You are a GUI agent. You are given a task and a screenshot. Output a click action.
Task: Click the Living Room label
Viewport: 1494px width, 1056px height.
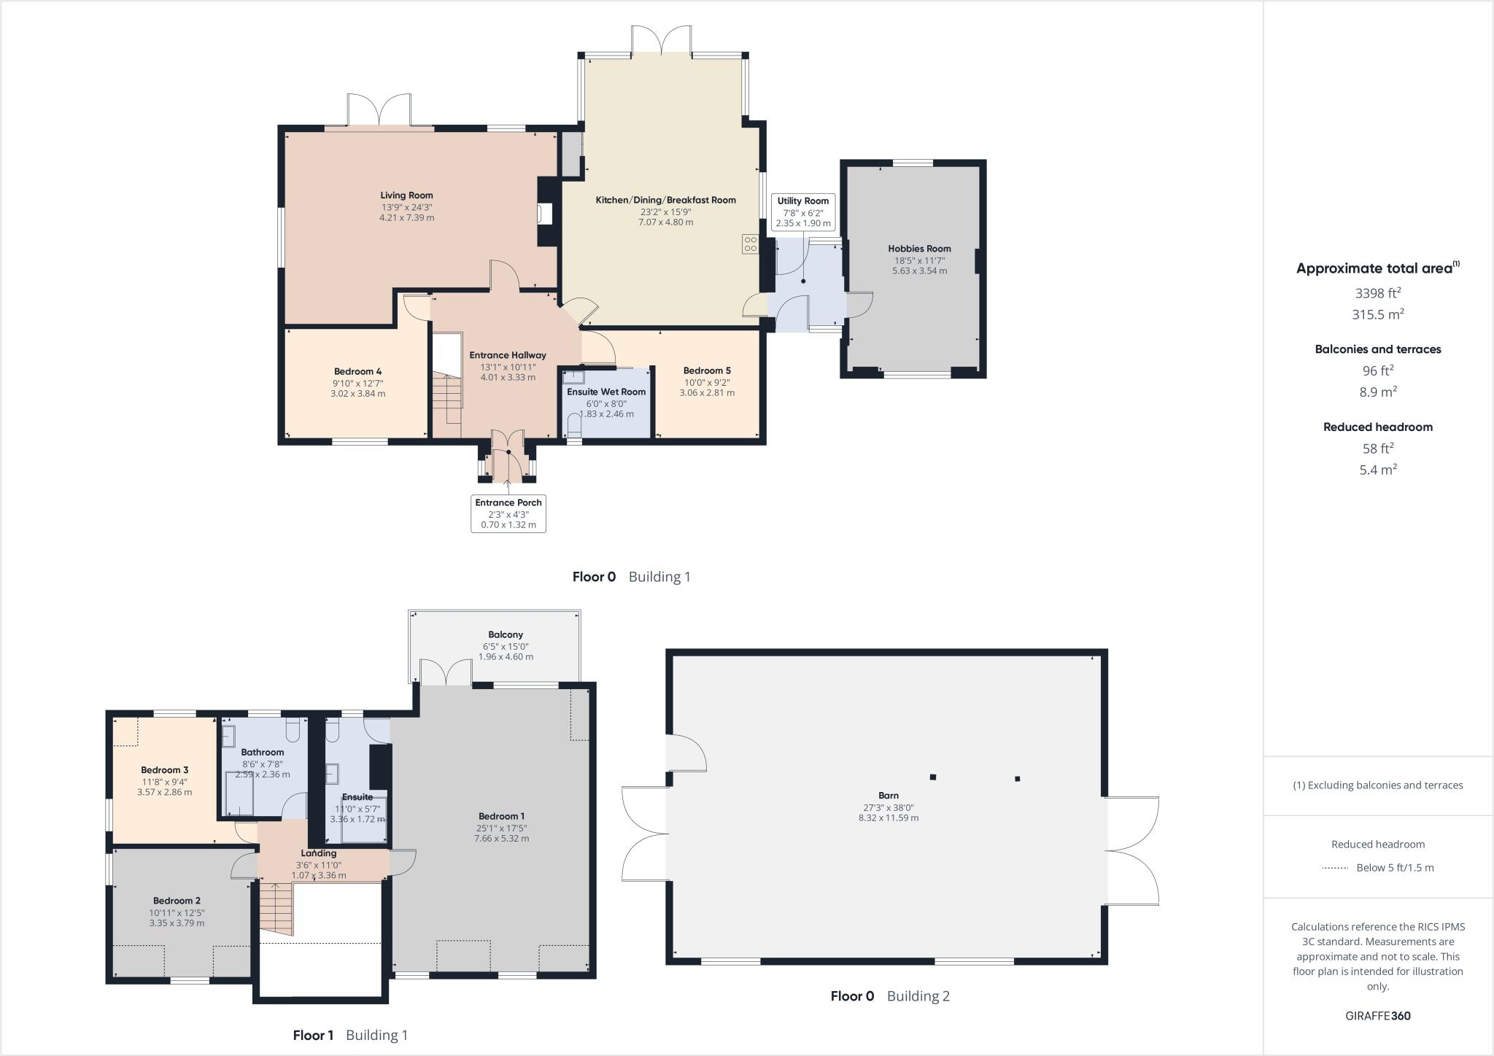pos(406,195)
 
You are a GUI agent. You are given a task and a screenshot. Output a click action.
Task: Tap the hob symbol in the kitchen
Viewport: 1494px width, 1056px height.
pos(749,244)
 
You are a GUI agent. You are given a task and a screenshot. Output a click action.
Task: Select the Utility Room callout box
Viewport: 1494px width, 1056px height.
pos(802,212)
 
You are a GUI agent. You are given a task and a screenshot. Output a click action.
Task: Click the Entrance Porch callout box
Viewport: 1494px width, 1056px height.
pos(508,513)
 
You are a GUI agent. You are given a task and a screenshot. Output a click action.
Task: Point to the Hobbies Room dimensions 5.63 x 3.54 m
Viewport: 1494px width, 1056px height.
pos(919,271)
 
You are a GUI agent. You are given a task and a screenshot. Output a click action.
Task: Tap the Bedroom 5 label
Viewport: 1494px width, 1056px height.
pos(706,370)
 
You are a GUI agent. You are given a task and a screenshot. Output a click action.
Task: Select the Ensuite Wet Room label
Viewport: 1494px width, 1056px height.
pos(606,392)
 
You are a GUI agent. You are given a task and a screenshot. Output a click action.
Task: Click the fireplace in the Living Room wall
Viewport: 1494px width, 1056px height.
pos(545,213)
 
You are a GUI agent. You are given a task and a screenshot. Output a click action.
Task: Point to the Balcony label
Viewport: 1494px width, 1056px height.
pos(506,634)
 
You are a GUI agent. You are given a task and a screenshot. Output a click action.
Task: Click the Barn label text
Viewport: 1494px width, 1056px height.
pos(888,796)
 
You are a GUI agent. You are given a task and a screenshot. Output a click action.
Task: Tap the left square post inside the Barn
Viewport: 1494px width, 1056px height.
pos(932,777)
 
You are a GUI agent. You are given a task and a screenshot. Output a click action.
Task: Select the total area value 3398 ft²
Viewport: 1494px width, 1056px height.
pos(1377,293)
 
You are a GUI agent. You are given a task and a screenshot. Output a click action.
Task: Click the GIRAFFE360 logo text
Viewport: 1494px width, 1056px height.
pos(1377,1015)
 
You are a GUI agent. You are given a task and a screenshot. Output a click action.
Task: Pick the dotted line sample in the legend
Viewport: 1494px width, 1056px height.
pos(1334,868)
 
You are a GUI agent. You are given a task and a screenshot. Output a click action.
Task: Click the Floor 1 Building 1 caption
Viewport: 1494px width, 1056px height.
pos(350,1035)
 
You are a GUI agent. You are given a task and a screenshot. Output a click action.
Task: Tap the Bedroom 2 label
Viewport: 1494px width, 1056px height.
pos(177,901)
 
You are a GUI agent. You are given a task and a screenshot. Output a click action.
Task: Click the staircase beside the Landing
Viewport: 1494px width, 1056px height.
pos(276,909)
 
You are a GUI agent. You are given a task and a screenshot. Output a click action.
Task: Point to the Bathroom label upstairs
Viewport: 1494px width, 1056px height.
pos(262,752)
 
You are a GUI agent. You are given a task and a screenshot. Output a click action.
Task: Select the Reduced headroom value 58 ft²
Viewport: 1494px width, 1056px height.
pos(1377,449)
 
